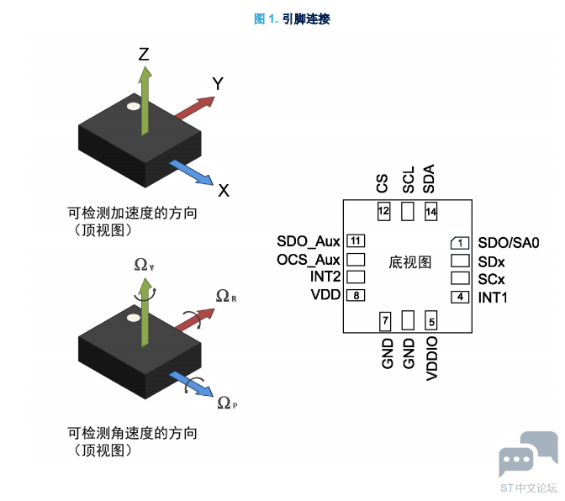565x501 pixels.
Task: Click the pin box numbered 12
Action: [x=383, y=211]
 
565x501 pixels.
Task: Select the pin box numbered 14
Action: [x=431, y=211]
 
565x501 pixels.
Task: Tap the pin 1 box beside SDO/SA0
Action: [x=460, y=243]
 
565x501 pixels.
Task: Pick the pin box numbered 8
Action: [x=356, y=295]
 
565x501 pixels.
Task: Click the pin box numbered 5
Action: [x=431, y=320]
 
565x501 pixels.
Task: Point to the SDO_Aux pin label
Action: [x=309, y=241]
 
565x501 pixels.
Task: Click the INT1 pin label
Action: [x=493, y=298]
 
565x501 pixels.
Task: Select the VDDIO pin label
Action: [x=431, y=358]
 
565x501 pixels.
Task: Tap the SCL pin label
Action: [x=409, y=180]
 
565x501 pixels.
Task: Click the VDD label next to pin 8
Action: [x=325, y=294]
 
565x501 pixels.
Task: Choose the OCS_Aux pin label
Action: [x=309, y=260]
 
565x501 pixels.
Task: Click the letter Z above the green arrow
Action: [x=144, y=55]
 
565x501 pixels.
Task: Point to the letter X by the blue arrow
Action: [x=224, y=190]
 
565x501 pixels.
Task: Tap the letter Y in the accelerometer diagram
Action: [x=218, y=83]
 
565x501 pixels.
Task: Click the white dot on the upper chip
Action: [x=134, y=107]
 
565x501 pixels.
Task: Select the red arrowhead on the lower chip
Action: [x=206, y=314]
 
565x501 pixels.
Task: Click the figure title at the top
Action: [x=292, y=18]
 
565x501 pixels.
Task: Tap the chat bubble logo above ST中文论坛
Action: [x=528, y=453]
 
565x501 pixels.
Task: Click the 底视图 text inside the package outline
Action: [x=410, y=262]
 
